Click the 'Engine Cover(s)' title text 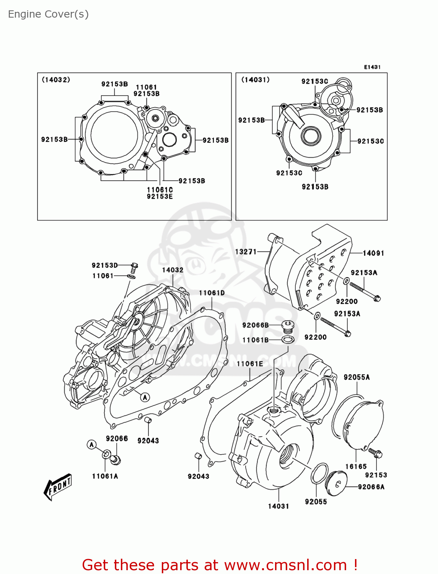pyautogui.click(x=48, y=14)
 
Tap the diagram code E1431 pyautogui.click(x=372, y=67)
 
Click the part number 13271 pyautogui.click(x=246, y=251)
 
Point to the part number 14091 pyautogui.click(x=373, y=253)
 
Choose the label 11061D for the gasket pyautogui.click(x=212, y=293)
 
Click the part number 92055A pyautogui.click(x=357, y=377)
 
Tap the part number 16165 pyautogui.click(x=356, y=466)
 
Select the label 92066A pyautogui.click(x=371, y=487)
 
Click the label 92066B pyautogui.click(x=255, y=325)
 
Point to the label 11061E pyautogui.click(x=250, y=364)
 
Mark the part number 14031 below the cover pyautogui.click(x=278, y=506)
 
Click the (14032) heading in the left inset pyautogui.click(x=56, y=80)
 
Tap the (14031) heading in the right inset pyautogui.click(x=255, y=80)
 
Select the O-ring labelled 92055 pyautogui.click(x=319, y=473)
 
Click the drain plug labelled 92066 pyautogui.click(x=115, y=459)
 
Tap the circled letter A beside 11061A pyautogui.click(x=91, y=444)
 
